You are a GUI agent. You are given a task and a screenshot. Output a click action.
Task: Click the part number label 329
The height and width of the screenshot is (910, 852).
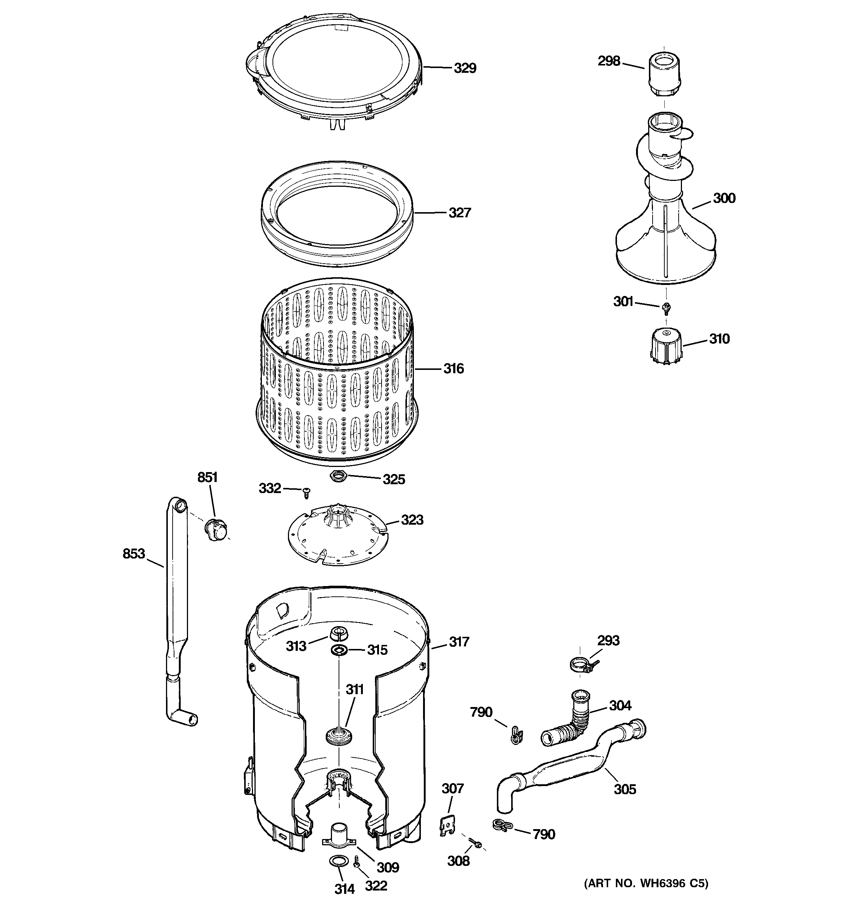coord(465,68)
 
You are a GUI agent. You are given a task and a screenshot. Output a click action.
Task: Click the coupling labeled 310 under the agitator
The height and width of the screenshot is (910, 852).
coord(666,346)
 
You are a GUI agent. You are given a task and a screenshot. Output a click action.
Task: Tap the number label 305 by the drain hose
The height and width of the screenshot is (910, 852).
coord(625,789)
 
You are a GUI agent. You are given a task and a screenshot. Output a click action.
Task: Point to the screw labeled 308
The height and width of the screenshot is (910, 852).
coord(475,843)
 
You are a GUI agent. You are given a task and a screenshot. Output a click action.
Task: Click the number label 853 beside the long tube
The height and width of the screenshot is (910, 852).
coord(134,554)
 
